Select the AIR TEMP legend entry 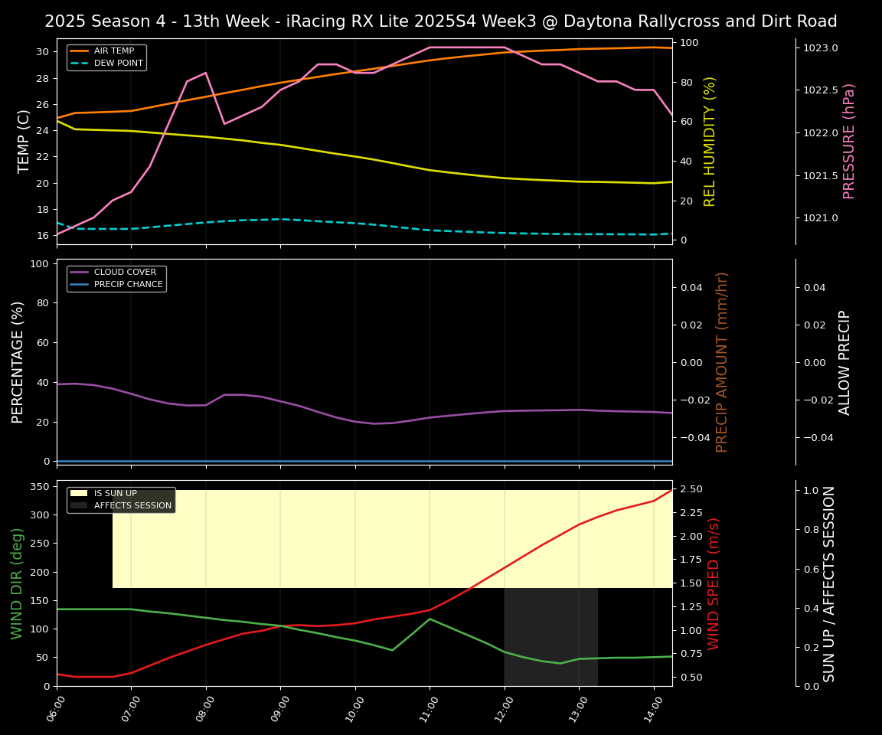[113, 51]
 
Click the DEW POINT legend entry [118, 63]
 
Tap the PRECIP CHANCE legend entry [128, 285]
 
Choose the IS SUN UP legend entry [115, 493]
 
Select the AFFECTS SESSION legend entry [132, 505]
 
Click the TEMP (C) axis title [24, 141]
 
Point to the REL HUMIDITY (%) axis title [710, 141]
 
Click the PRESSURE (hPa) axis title [849, 141]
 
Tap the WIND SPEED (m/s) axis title [714, 583]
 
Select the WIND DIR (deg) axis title [17, 583]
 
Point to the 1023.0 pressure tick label [820, 48]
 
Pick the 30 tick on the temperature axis [43, 52]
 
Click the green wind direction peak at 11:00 [430, 619]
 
